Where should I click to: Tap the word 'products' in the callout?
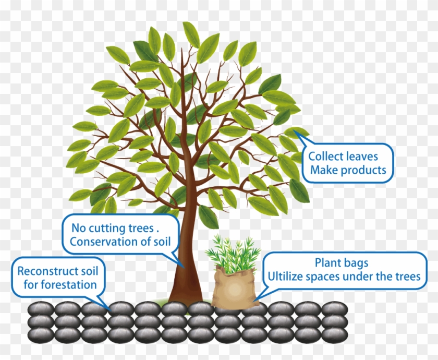tap(363, 170)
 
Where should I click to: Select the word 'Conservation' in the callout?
tap(101, 242)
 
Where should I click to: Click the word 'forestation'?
tap(70, 285)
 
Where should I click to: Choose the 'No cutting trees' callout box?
tap(120, 235)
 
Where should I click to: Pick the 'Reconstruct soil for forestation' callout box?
tap(57, 278)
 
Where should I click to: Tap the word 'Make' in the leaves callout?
tap(323, 170)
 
